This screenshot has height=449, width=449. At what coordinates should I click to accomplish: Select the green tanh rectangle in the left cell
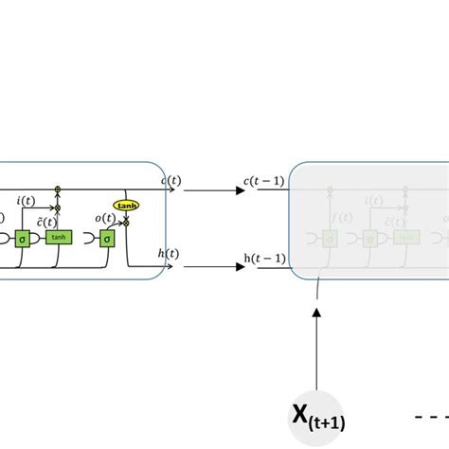pos(59,237)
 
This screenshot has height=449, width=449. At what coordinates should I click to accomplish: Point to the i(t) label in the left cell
pos(27,200)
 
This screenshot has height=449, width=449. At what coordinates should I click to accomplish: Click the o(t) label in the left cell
pos(105,219)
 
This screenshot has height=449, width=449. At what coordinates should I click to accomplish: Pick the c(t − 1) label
pos(264,181)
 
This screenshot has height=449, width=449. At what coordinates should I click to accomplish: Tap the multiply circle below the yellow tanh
pos(125,222)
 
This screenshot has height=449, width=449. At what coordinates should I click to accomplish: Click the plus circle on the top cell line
pos(58,190)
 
